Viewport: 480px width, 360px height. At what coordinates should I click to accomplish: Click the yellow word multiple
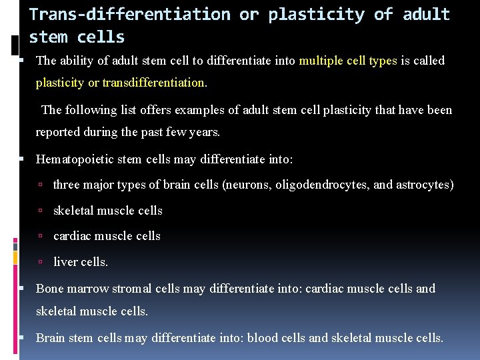[x=323, y=61]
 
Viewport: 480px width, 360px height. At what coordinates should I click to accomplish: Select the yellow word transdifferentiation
[x=154, y=83]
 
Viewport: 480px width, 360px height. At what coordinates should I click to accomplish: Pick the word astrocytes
[x=425, y=185]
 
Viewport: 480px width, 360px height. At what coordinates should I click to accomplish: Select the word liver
[x=65, y=262]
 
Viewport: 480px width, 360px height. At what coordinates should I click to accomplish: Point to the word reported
[x=58, y=132]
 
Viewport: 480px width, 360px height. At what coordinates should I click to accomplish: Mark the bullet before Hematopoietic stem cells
[x=23, y=160]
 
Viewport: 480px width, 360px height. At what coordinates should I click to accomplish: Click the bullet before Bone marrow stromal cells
[x=23, y=289]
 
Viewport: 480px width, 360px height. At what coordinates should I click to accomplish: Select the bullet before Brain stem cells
[x=23, y=339]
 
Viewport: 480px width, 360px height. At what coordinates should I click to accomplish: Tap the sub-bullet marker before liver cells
[x=41, y=263]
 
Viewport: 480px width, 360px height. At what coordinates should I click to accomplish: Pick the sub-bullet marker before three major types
[x=41, y=185]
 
